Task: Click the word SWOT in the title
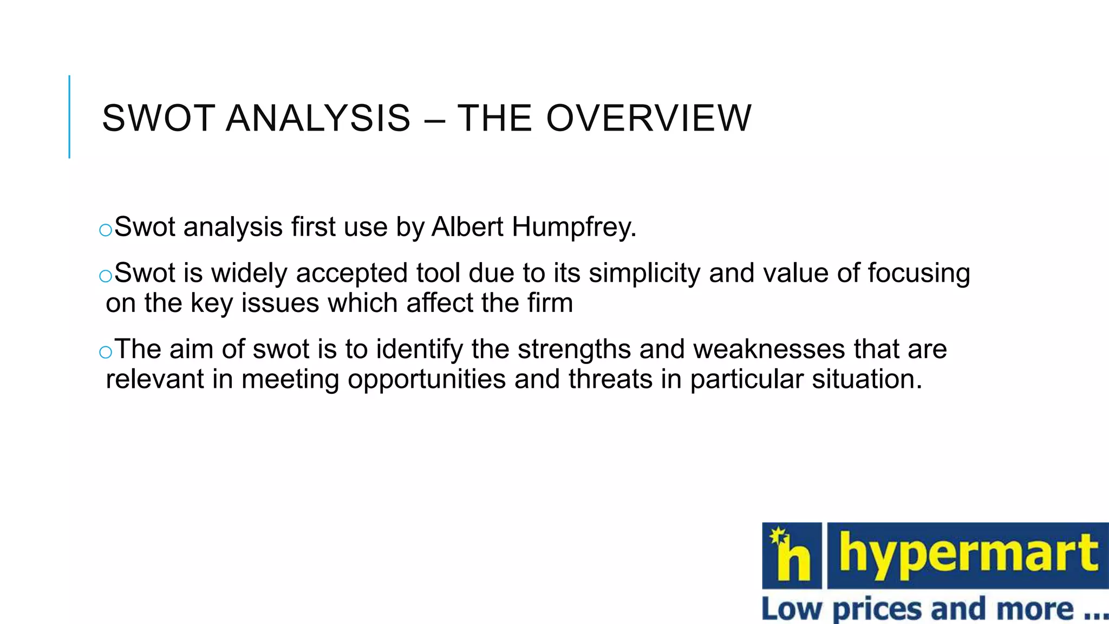(x=158, y=118)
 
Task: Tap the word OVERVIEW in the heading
(x=649, y=118)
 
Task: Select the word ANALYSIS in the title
(x=318, y=118)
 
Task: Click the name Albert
(x=467, y=226)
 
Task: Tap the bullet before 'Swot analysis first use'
(x=106, y=230)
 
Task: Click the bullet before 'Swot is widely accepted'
(x=106, y=276)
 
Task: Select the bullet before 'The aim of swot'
(x=106, y=353)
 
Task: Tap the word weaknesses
(x=769, y=349)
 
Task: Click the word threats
(x=610, y=379)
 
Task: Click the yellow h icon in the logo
(x=792, y=556)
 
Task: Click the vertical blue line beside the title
(x=69, y=116)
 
